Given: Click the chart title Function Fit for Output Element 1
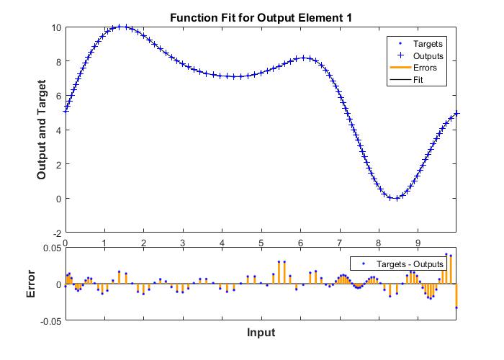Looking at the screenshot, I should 261,17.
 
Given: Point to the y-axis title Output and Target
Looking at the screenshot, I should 42,130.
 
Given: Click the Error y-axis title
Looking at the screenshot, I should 31,284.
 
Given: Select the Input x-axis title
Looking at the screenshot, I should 261,333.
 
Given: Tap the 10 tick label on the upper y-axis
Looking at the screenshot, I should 55,27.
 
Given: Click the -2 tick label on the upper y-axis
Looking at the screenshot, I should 55,233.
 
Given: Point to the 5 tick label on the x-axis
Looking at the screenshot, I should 261,243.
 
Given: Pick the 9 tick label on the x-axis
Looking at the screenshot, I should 418,243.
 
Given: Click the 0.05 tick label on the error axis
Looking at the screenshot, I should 51,248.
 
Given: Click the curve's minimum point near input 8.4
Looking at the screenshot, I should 394,198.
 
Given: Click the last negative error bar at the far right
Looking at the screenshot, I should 456,296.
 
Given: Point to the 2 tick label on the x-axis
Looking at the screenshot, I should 143,243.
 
